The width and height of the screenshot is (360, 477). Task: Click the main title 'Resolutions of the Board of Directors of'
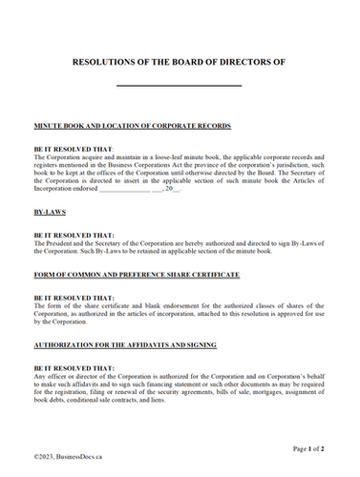[x=180, y=61]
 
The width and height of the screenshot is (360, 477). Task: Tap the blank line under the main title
[x=179, y=86]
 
